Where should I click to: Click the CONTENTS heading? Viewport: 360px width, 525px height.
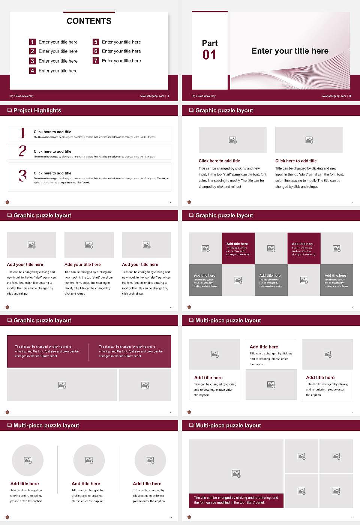(x=89, y=21)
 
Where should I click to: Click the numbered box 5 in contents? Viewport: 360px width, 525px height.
(x=96, y=42)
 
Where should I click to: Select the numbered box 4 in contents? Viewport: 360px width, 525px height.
(x=33, y=70)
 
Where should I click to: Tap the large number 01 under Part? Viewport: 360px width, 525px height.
(x=209, y=55)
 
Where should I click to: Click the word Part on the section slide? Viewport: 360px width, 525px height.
(x=210, y=43)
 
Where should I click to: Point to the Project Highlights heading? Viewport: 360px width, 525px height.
(x=37, y=110)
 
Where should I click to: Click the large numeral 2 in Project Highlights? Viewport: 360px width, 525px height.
(x=22, y=151)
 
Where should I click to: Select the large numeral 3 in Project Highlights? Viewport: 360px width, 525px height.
(x=23, y=175)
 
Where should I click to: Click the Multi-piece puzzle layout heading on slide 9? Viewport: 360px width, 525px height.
(x=228, y=320)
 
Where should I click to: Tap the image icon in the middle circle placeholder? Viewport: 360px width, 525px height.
(x=89, y=460)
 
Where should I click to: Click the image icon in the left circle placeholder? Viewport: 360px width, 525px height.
(x=28, y=460)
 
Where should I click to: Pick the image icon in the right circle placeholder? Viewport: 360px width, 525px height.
(x=150, y=460)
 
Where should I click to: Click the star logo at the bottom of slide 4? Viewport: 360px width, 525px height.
(x=7, y=202)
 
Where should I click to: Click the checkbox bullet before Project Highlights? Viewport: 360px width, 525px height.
(x=9, y=110)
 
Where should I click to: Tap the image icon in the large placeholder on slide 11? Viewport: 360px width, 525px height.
(x=236, y=474)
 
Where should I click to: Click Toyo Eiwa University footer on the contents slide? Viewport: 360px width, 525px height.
(x=21, y=96)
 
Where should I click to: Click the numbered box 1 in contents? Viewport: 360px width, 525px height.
(x=33, y=42)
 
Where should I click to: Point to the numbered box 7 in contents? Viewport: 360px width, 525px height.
(x=96, y=61)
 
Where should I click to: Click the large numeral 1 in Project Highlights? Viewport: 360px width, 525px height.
(x=22, y=133)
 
